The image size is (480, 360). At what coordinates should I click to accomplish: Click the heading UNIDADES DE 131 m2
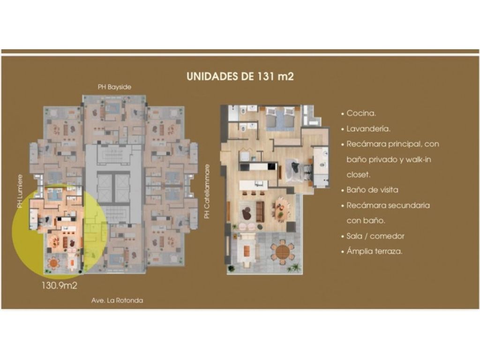coord(240,76)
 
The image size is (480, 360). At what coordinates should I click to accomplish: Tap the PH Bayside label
coord(114,87)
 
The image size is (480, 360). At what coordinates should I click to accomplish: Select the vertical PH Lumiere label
coord(20,191)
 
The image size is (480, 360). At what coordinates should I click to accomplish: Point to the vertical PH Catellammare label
coord(207,192)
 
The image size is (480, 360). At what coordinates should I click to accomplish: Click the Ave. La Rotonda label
coord(117,300)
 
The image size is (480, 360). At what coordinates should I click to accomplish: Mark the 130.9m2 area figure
coord(60,285)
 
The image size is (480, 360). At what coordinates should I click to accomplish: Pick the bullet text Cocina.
coord(361,113)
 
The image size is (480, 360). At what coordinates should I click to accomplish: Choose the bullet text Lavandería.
coord(368,128)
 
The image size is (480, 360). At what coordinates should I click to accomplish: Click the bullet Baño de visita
coord(372,190)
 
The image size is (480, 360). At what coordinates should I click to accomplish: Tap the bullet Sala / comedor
coord(375,236)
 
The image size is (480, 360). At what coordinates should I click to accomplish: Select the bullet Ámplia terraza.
coord(375,251)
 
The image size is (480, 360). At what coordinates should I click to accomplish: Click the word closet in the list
coord(359,175)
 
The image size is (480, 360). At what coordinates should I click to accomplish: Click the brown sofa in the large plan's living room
coord(260,211)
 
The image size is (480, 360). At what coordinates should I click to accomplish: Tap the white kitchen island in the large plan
coord(253,185)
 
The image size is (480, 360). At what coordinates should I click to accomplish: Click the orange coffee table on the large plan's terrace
coord(247,251)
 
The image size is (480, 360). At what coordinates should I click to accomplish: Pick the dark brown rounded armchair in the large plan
coord(247,213)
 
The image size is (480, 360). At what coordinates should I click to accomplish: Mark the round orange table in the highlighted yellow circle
coord(54,262)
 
